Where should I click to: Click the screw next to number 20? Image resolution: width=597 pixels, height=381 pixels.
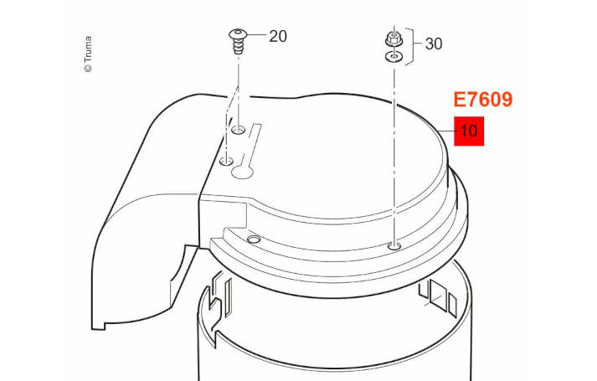(x=238, y=42)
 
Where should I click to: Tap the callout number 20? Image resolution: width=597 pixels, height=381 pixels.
(x=278, y=37)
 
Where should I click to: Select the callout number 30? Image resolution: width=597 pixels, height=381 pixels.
(x=434, y=44)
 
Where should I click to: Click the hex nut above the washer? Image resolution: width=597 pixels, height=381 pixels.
(x=394, y=39)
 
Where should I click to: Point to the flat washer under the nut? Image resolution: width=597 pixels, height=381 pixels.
(x=394, y=57)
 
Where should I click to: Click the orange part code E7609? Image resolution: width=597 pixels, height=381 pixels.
(x=483, y=100)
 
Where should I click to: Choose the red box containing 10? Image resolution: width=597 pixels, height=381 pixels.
(x=469, y=131)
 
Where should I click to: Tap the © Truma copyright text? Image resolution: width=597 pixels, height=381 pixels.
(x=88, y=54)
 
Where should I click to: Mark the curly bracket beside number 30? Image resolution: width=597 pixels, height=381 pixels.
(x=410, y=46)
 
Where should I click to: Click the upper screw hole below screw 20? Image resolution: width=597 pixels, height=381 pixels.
(x=239, y=130)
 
